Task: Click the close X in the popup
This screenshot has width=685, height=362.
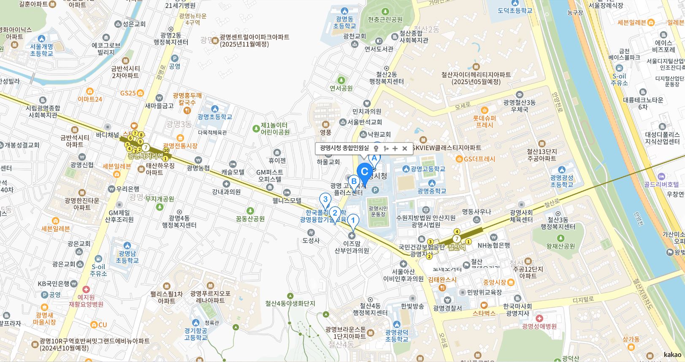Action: (404, 149)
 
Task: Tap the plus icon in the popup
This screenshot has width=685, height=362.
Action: (395, 149)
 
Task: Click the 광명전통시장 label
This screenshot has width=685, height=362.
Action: (180, 146)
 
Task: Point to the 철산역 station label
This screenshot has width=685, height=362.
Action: (456, 247)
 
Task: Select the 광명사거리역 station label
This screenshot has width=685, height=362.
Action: (146, 155)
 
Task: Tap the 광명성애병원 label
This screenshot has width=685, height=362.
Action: (539, 326)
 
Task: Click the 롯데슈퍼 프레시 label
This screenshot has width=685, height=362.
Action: (485, 122)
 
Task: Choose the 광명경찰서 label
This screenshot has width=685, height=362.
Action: (447, 308)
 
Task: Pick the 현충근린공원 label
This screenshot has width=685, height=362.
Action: (385, 19)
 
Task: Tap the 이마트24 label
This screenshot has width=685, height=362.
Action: (90, 99)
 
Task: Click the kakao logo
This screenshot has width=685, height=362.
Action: (672, 354)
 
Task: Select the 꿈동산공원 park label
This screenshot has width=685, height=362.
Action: (250, 219)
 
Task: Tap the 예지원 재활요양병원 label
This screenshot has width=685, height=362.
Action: (86, 300)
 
